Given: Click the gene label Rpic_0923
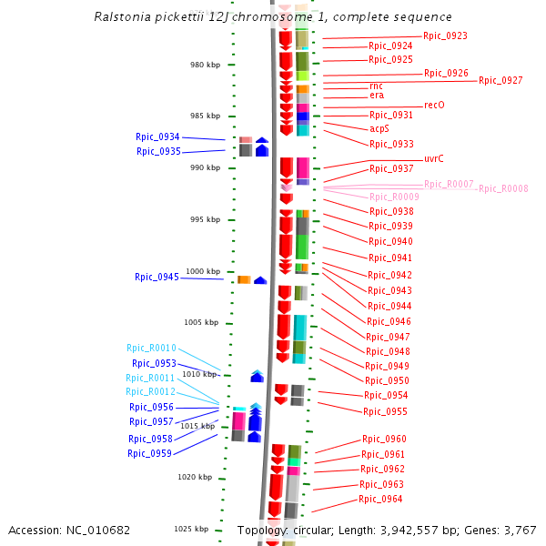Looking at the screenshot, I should (x=446, y=36).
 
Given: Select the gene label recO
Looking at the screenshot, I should (x=434, y=106).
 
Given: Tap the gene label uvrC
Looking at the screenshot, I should (x=434, y=158).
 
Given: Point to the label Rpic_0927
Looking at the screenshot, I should (x=500, y=81).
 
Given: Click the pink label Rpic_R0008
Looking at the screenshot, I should (x=503, y=189).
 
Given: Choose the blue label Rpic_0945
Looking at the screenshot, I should (x=157, y=277).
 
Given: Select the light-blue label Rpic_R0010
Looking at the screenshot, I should (x=151, y=348).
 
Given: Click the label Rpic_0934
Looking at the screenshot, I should (x=157, y=136).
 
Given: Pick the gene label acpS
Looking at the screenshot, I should (x=379, y=129).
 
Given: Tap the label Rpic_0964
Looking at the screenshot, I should (x=380, y=499).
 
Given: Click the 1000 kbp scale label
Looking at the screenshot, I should (x=203, y=271).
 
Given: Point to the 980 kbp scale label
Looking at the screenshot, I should (x=205, y=65).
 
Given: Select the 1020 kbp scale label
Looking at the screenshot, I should (x=194, y=477).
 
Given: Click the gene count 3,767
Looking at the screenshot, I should (x=520, y=530).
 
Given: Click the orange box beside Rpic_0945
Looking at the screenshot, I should (x=244, y=279).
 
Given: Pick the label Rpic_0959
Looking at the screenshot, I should (x=149, y=453).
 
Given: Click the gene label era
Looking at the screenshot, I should (x=377, y=96).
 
